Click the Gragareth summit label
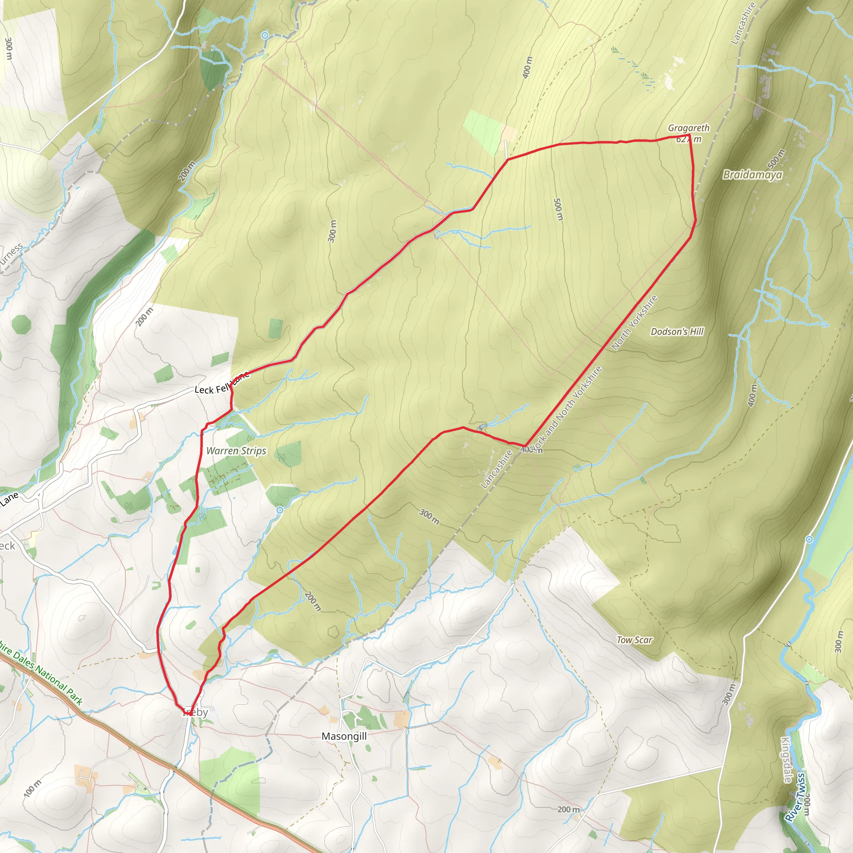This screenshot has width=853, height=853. coord(688,128)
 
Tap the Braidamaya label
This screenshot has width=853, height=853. coord(752,175)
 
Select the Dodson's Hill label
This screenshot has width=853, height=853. coord(677,332)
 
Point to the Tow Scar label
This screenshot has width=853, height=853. coord(634,640)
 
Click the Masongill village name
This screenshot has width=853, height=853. coord(344,736)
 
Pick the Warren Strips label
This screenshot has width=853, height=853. coord(236,451)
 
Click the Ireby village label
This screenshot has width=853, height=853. coord(195,712)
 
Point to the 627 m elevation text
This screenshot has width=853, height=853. coord(688,140)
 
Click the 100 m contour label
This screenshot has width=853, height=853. coord(32,788)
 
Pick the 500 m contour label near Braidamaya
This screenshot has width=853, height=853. coord(776,159)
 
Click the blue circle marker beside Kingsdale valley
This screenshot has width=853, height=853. coord(809,539)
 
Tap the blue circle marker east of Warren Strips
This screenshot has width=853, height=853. coord(279,510)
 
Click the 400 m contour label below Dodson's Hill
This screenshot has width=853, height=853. coord(752,395)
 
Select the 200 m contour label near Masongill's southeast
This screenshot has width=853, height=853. coord(568,809)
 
